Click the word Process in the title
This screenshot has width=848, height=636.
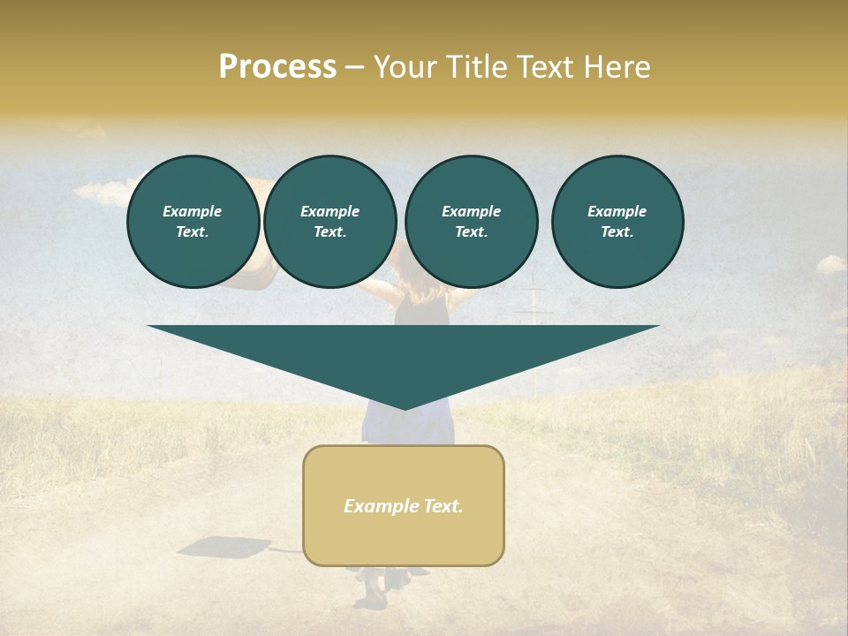[277, 67]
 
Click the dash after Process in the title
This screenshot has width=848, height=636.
[355, 68]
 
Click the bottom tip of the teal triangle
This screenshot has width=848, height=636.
[405, 408]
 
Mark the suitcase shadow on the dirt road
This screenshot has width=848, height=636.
[221, 549]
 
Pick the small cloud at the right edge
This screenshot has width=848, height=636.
[831, 263]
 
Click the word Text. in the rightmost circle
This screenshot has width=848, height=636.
[617, 232]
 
